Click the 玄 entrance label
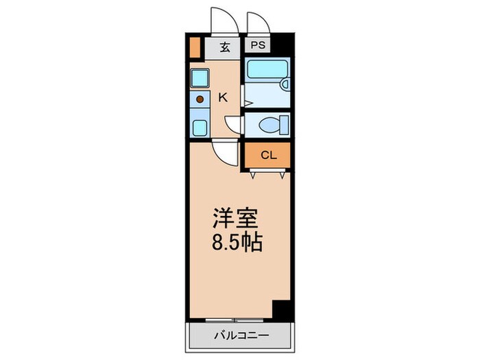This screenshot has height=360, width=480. pyautogui.click(x=224, y=47)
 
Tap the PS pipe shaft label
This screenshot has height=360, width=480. pyautogui.click(x=259, y=47)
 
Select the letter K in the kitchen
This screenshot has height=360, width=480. pyautogui.click(x=222, y=97)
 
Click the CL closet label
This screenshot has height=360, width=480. pyautogui.click(x=268, y=155)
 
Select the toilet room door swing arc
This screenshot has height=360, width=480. pyautogui.click(x=234, y=124)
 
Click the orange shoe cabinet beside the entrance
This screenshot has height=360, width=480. pyautogui.click(x=194, y=49)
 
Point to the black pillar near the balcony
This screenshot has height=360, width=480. pyautogui.click(x=280, y=309)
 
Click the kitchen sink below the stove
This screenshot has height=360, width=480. pyautogui.click(x=200, y=127)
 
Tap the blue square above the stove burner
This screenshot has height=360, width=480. pyautogui.click(x=200, y=77)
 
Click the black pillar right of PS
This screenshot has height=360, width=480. pyautogui.click(x=283, y=46)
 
